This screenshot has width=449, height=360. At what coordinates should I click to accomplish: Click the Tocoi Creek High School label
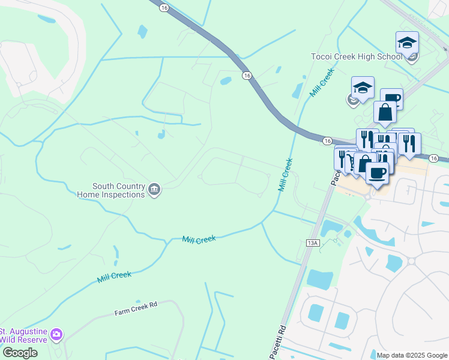coord(356,56)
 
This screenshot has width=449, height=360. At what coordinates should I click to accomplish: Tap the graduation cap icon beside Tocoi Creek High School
coord(407,43)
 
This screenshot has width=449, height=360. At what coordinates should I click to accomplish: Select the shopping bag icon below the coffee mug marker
coord(385,112)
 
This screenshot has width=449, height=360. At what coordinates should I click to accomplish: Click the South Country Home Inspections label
coord(118,190)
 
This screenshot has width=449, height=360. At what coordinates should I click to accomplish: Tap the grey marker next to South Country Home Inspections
coord(155,190)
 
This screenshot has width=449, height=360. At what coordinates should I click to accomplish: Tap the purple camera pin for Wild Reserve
coord(56,334)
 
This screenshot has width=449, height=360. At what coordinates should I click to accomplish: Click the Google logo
coord(19,353)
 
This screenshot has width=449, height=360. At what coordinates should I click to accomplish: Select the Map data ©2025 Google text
coord(411,355)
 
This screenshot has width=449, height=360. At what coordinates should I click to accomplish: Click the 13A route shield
coord(312,242)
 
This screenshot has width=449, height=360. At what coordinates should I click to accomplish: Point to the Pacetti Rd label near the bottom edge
coord(281,341)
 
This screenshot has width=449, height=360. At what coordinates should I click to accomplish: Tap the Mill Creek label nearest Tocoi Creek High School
coord(322,83)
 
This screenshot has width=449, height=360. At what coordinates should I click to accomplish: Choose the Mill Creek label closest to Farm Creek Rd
coord(114,275)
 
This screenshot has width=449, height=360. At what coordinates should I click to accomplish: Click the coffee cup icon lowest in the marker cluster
coord(376,173)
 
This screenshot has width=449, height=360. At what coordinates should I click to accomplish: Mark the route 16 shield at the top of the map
coord(163,7)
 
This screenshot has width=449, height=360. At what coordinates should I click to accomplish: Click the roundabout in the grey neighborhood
coord(411,262)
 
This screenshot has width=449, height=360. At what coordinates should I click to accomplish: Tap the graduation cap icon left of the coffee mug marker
coord(363,88)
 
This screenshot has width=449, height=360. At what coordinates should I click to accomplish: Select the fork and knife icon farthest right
coord(409,143)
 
